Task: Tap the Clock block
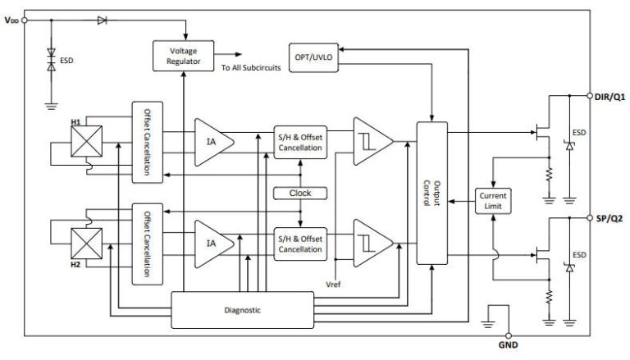(x=300, y=193)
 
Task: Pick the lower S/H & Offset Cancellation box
(x=300, y=244)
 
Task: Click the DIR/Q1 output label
(x=609, y=96)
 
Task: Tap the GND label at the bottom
(x=509, y=347)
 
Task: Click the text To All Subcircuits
(x=251, y=68)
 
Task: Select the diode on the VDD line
(x=102, y=19)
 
